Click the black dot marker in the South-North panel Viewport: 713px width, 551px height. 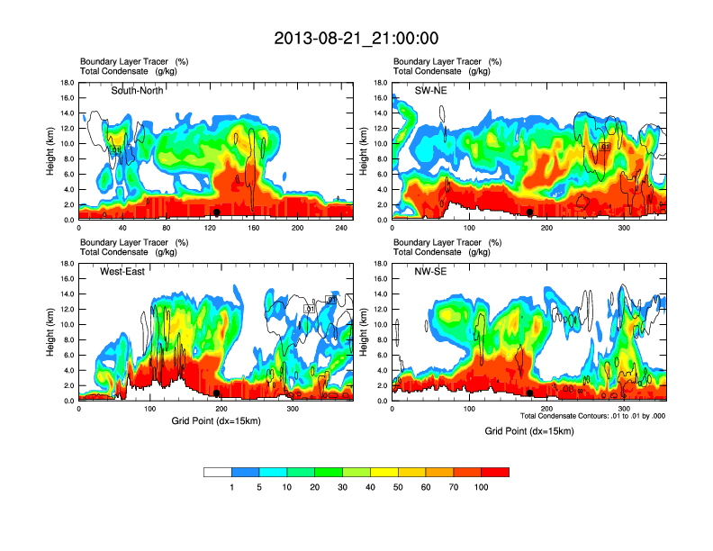tap(217, 212)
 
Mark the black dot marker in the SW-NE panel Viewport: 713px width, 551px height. tap(530, 212)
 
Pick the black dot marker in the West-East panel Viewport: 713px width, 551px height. tap(217, 393)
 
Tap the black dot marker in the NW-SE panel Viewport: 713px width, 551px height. tap(530, 393)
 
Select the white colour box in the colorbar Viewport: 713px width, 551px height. tap(218, 472)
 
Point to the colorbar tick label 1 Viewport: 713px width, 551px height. tap(232, 487)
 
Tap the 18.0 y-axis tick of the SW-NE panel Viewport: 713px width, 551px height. tap(378, 83)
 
